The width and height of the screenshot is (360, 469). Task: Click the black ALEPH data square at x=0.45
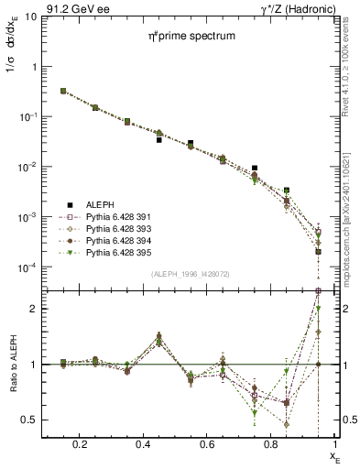[158, 140]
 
